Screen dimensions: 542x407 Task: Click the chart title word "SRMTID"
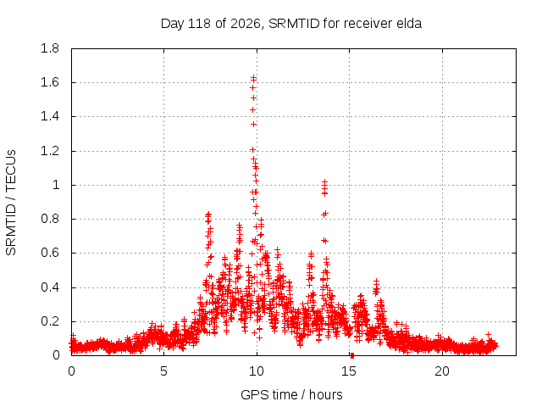[x=294, y=24]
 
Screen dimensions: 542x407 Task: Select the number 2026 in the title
[x=246, y=24]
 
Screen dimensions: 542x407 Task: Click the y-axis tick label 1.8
[x=50, y=48]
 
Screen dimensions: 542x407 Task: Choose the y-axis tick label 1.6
[x=50, y=82]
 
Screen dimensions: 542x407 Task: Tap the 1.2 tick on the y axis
[x=50, y=151]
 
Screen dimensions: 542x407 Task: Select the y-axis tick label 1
[x=56, y=185]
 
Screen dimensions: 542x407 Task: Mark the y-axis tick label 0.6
[x=50, y=253]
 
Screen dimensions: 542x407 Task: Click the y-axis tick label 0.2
[x=50, y=321]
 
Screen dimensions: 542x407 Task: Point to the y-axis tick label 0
[x=56, y=355]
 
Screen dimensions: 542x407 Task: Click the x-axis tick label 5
[x=163, y=371]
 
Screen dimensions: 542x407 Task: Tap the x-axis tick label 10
[x=257, y=371]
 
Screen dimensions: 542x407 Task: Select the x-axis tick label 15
[x=349, y=371]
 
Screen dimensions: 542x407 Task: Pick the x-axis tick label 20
[x=442, y=371]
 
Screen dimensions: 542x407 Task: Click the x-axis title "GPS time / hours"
[x=291, y=395]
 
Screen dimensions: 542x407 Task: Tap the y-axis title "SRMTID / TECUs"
[x=11, y=203]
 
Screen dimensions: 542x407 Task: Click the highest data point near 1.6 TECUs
[x=254, y=77]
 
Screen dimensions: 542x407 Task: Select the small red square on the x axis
[x=352, y=356]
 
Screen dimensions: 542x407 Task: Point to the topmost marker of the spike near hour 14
[x=324, y=181]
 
